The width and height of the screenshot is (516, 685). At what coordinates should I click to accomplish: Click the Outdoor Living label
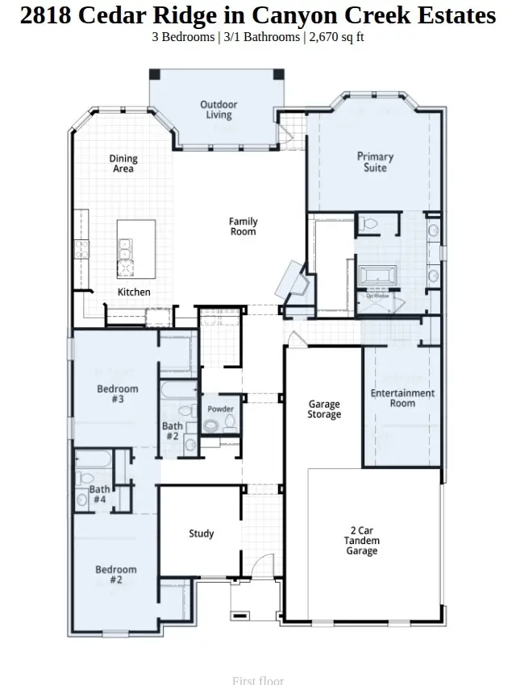218,110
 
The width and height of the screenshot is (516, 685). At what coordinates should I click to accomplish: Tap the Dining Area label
123,164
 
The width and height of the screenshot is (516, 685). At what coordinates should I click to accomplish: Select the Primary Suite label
375,162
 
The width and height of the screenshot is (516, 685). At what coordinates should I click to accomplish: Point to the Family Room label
243,226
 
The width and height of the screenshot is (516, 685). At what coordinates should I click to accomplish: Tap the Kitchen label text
134,292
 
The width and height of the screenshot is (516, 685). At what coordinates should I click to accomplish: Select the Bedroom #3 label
118,394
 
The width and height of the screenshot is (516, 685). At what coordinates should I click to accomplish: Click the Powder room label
220,409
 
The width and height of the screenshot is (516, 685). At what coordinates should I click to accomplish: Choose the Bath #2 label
172,431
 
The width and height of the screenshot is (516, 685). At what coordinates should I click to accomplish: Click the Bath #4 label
99,494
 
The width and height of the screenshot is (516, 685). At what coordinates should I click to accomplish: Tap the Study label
202,533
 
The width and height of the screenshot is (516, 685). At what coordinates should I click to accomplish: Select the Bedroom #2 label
116,575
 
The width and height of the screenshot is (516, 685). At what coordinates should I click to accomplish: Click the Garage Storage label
324,409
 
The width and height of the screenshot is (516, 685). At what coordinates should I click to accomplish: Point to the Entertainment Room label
402,398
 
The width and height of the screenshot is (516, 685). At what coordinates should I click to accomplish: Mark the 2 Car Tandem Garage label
361,542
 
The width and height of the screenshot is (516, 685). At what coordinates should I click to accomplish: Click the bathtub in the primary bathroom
377,276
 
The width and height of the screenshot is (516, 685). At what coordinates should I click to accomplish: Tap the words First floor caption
258,680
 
